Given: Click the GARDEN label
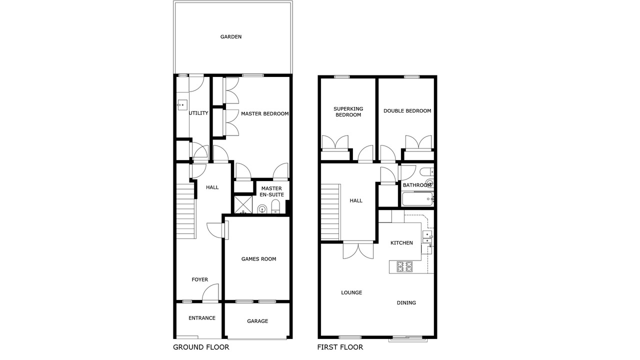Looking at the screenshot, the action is pyautogui.click(x=231, y=36).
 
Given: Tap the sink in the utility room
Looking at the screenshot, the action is pyautogui.click(x=182, y=105).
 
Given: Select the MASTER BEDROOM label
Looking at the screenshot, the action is pyautogui.click(x=265, y=113).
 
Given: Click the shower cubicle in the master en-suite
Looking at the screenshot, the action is pyautogui.click(x=243, y=204).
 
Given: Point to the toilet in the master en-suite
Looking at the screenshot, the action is pyautogui.click(x=275, y=206).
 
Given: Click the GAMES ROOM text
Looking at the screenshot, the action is pyautogui.click(x=259, y=259).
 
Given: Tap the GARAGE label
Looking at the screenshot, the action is pyautogui.click(x=257, y=321).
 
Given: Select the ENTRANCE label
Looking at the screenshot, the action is pyautogui.click(x=202, y=318).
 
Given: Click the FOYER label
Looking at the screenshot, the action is pyautogui.click(x=199, y=279).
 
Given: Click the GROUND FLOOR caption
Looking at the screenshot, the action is pyautogui.click(x=201, y=347).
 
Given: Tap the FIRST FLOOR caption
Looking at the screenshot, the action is pyautogui.click(x=340, y=347).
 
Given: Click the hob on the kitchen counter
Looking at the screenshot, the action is pyautogui.click(x=404, y=266).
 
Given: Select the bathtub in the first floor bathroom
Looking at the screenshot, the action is pyautogui.click(x=417, y=199).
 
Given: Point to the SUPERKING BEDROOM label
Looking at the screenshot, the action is pyautogui.click(x=348, y=111).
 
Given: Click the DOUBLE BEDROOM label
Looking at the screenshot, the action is pyautogui.click(x=407, y=111).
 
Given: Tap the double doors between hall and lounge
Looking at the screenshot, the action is pyautogui.click(x=358, y=250).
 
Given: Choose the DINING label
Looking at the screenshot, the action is pyautogui.click(x=406, y=303).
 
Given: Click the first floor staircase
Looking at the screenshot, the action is pyautogui.click(x=330, y=212).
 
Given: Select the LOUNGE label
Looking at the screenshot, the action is pyautogui.click(x=351, y=292).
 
